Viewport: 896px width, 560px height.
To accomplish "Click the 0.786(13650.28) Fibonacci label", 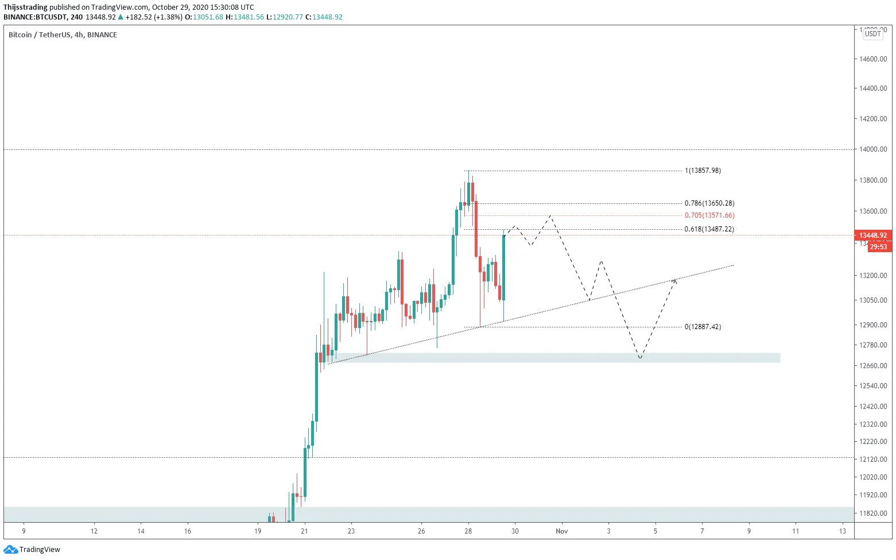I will [x=709, y=203].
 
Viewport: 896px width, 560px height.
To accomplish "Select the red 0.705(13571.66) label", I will [x=709, y=215].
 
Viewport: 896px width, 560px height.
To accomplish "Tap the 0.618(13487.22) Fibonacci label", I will [x=709, y=229].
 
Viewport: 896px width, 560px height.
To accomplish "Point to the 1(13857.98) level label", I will [x=703, y=171].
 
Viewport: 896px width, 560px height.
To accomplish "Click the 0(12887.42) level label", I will [x=703, y=327].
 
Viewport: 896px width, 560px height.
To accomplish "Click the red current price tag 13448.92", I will [x=872, y=235].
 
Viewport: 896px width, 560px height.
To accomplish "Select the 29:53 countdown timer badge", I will [x=878, y=247].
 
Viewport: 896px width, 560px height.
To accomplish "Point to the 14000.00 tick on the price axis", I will [x=872, y=149].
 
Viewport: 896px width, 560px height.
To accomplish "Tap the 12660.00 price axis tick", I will [x=872, y=365].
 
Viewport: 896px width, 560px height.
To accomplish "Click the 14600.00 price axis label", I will [x=872, y=59].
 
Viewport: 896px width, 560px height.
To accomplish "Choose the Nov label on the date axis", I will [x=561, y=531].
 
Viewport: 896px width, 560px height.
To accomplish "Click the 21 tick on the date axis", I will [x=304, y=531].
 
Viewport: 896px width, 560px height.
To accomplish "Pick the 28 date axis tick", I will [x=468, y=531].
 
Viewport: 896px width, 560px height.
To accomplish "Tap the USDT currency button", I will [x=872, y=34].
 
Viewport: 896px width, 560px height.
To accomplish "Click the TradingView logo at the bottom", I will [x=32, y=550].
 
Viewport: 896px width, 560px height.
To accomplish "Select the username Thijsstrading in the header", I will [x=25, y=7].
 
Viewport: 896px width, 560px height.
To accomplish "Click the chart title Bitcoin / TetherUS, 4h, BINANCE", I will [x=63, y=35].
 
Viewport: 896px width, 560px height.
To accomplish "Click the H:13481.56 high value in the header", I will [x=245, y=17].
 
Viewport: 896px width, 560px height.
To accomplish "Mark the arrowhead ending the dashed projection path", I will [x=675, y=280].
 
